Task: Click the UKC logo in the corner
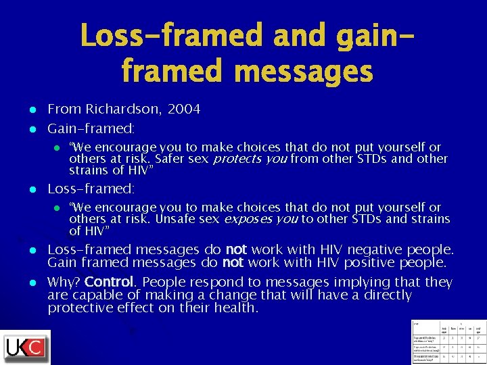point(26,347)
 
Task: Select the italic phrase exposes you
point(261,219)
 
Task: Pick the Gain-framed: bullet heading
point(91,128)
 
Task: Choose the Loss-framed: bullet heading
point(91,189)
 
